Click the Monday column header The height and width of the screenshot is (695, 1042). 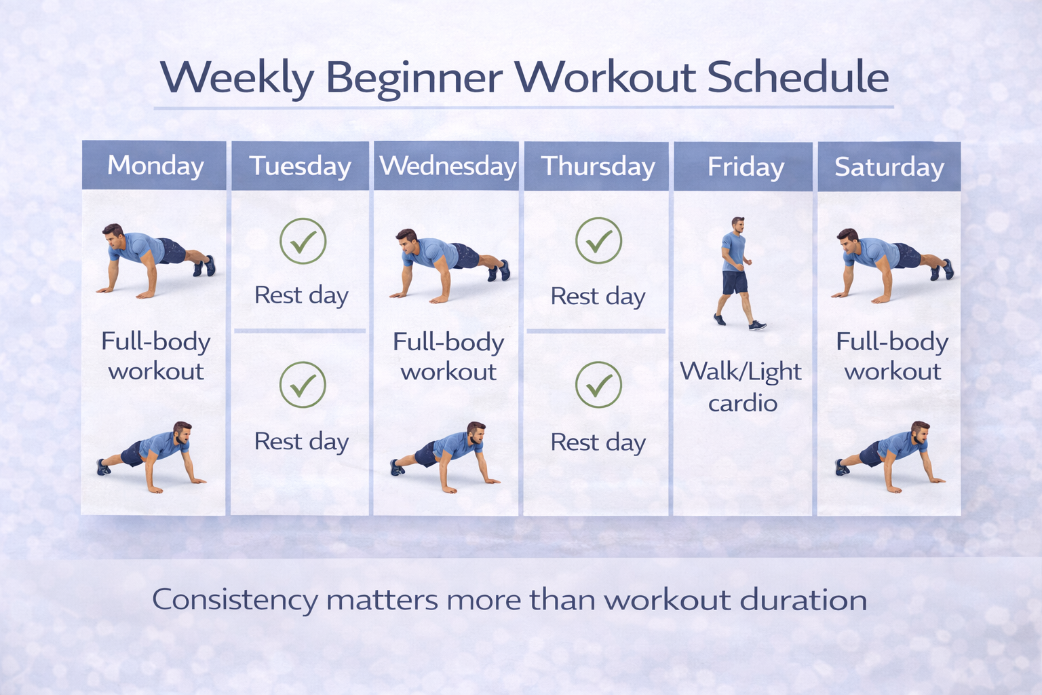coord(155,166)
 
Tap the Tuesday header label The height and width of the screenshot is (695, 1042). coord(300,166)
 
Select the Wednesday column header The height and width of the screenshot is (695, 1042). coord(448,166)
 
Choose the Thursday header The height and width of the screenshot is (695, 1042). coord(598,166)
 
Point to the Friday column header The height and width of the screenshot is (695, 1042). coord(746,167)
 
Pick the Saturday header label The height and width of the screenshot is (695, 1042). coord(889,167)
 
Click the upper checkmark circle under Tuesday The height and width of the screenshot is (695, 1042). coord(303,241)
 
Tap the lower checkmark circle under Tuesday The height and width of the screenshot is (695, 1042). coord(303,385)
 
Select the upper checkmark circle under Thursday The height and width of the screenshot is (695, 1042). coord(598,240)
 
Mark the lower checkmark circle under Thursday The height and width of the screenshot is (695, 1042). coord(598,385)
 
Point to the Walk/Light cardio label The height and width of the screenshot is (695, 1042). coord(741,387)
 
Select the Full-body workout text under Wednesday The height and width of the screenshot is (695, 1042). coord(448,356)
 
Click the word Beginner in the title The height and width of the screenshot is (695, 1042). coord(414,78)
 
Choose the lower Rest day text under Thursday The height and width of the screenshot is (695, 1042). coord(598,443)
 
